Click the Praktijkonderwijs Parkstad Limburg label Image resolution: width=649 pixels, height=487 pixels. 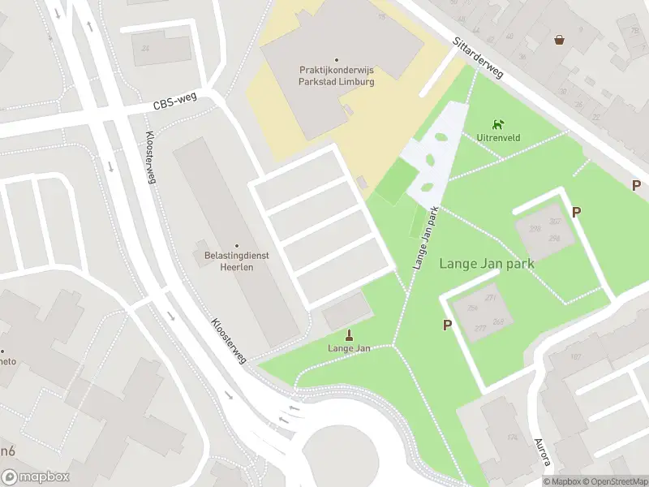point(336,75)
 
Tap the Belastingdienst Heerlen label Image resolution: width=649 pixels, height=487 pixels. point(237,261)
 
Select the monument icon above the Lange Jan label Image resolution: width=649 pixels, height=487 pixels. point(350,334)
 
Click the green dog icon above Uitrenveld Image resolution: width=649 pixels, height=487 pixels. point(498,124)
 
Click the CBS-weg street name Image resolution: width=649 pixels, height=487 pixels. point(176,104)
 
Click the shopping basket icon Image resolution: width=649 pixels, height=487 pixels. point(559,39)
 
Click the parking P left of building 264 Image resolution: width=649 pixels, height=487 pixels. point(447,325)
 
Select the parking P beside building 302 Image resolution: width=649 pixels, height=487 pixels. point(576,213)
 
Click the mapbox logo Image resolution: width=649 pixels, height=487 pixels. point(36,477)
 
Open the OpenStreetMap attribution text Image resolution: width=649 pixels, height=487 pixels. point(611,481)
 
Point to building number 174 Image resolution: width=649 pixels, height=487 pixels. point(513,438)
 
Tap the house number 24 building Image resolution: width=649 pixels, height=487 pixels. point(145,48)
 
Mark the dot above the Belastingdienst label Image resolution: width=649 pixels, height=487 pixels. point(237,245)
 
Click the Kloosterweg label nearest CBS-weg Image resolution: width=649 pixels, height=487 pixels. point(150,158)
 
